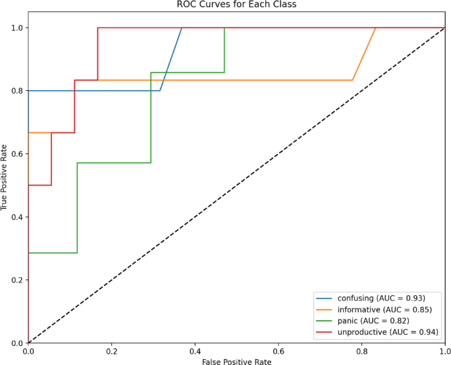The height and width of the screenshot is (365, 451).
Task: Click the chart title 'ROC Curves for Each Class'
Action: pyautogui.click(x=236, y=6)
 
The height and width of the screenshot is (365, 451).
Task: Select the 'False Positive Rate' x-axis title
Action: pyautogui.click(x=236, y=360)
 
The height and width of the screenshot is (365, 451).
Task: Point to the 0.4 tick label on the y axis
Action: pyautogui.click(x=15, y=217)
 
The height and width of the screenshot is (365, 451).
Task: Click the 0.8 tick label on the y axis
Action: pyautogui.click(x=15, y=90)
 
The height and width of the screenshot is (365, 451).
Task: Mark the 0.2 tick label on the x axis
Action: pyautogui.click(x=112, y=351)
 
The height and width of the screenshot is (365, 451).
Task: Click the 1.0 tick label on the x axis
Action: pyautogui.click(x=445, y=351)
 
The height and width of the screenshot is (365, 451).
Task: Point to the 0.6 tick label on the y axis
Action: pyautogui.click(x=15, y=154)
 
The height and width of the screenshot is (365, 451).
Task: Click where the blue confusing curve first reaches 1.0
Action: pyautogui.click(x=182, y=28)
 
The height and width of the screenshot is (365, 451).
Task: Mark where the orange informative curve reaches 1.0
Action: pyautogui.click(x=376, y=28)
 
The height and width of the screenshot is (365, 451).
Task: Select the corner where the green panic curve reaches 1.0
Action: pyautogui.click(x=225, y=28)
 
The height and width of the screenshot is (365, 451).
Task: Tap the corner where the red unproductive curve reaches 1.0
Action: pyautogui.click(x=98, y=28)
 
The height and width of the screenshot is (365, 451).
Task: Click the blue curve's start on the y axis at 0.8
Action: pyautogui.click(x=29, y=90)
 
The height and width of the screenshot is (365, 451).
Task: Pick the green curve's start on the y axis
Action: pyautogui.click(x=29, y=253)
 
